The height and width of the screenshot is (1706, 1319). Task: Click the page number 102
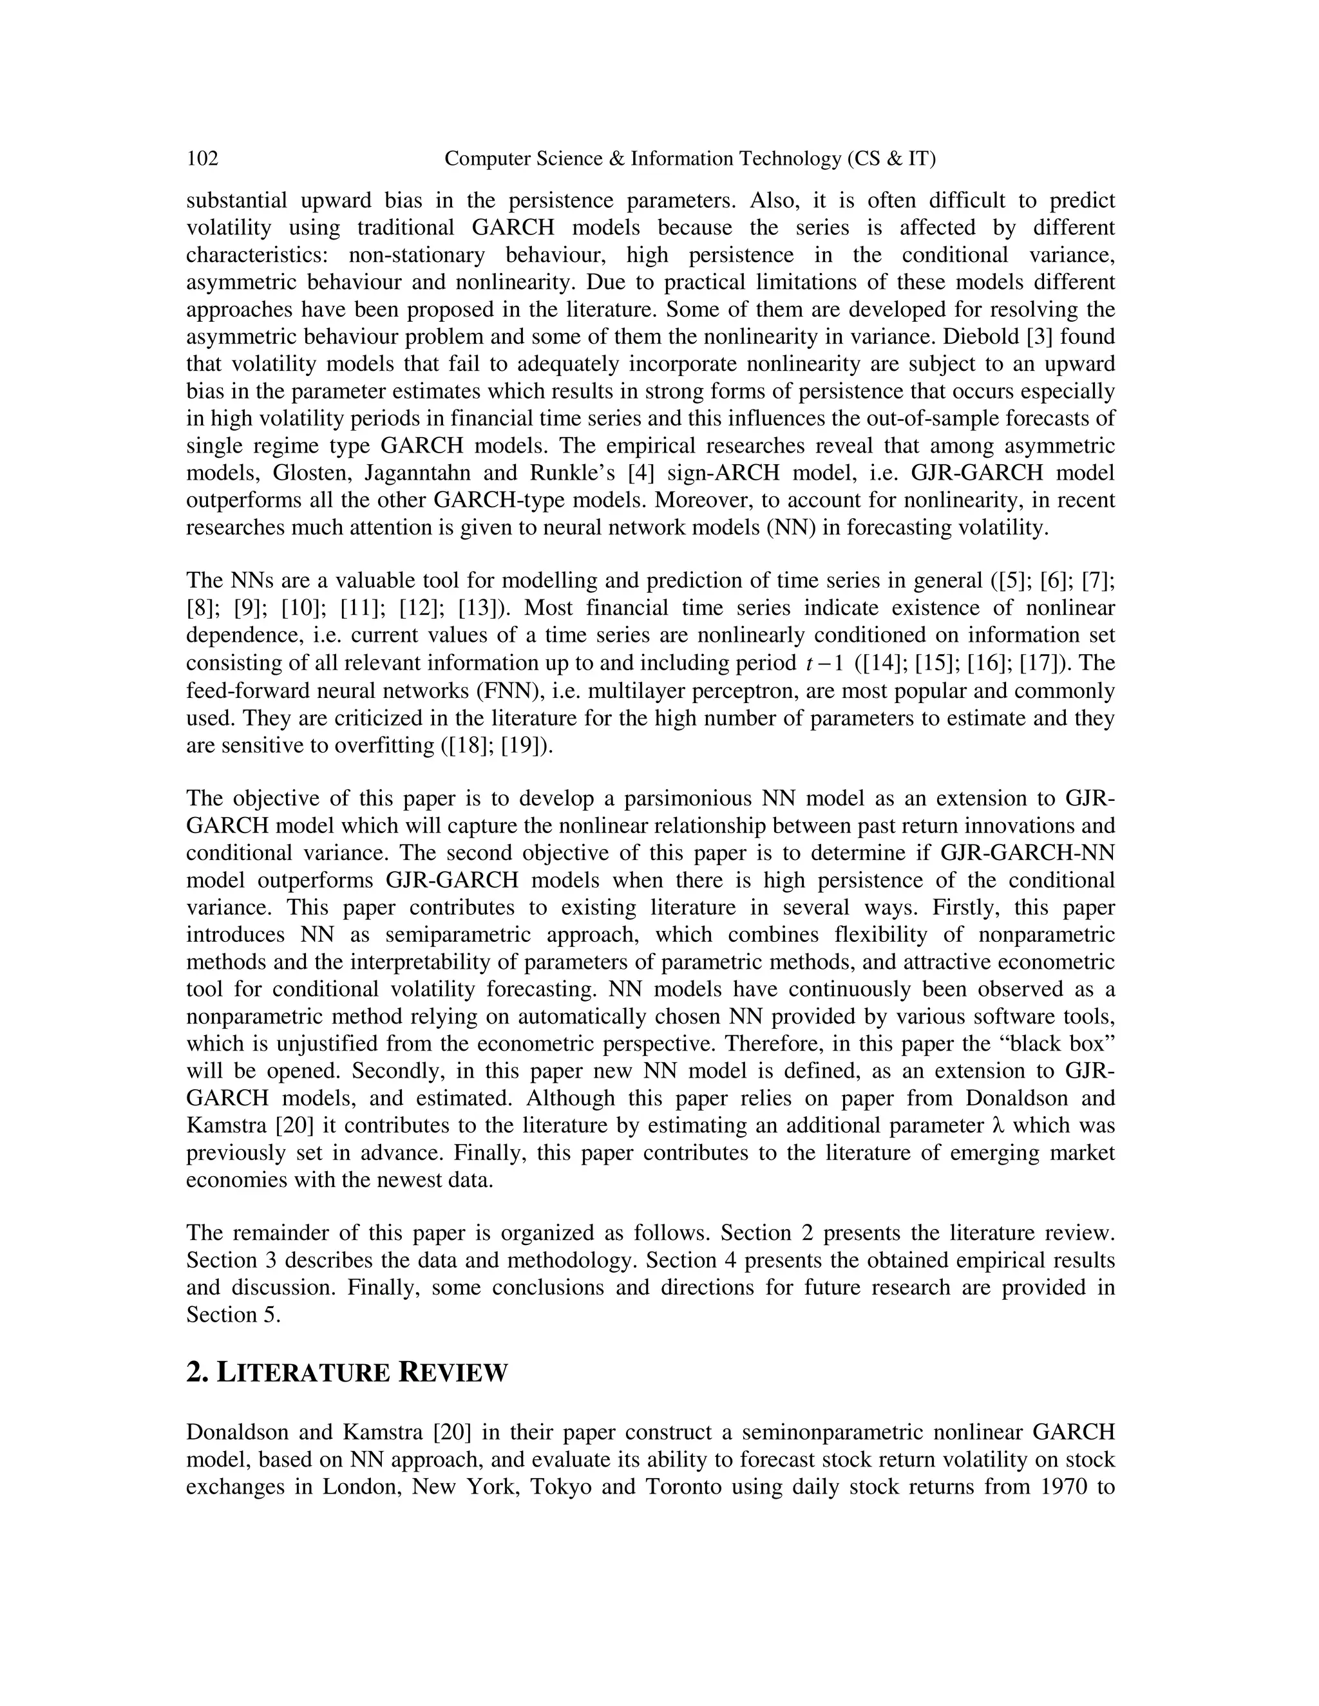point(202,158)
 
